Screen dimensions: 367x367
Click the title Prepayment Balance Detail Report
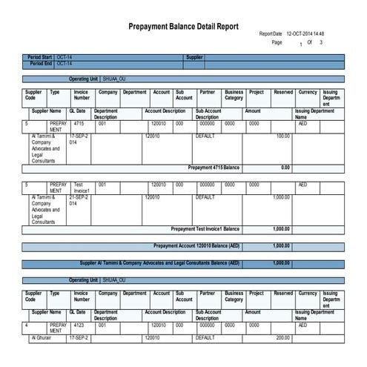[184, 26]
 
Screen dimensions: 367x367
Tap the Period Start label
[39, 57]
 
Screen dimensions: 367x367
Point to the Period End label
[42, 64]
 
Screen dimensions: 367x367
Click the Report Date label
[271, 34]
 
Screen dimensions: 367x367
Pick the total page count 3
[320, 43]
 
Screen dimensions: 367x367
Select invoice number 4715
[79, 123]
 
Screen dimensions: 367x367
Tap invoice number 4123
[79, 325]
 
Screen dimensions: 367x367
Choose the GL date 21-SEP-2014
[78, 201]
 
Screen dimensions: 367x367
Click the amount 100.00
[282, 136]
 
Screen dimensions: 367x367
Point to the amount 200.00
[282, 338]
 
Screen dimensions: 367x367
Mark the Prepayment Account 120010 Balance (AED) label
[196, 245]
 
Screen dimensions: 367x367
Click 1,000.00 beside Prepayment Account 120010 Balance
[281, 245]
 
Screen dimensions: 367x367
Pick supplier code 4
[27, 325]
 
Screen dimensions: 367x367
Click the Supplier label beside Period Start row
[194, 57]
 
